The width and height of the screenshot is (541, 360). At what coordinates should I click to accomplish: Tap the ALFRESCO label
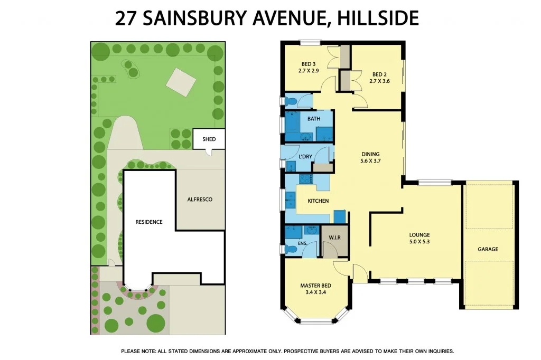click(200, 200)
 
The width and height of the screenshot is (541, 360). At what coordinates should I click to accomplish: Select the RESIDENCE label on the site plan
click(148, 222)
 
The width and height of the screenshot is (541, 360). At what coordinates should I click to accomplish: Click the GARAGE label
click(488, 249)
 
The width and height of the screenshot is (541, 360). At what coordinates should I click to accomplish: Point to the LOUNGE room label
click(419, 235)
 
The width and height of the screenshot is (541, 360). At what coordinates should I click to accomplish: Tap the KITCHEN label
click(318, 201)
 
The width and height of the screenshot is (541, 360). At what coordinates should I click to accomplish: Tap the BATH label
click(314, 119)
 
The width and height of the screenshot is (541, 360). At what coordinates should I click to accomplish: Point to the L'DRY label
click(305, 157)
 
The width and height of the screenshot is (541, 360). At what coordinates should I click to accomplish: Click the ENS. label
click(302, 243)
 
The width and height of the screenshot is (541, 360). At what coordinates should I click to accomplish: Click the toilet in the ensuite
click(291, 248)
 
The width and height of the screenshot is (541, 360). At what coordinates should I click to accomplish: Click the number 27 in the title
click(125, 19)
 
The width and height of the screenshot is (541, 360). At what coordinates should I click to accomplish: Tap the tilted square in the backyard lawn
click(181, 82)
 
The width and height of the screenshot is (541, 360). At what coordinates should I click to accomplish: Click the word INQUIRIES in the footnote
click(436, 351)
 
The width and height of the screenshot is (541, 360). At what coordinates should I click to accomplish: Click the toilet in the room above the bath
click(291, 100)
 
